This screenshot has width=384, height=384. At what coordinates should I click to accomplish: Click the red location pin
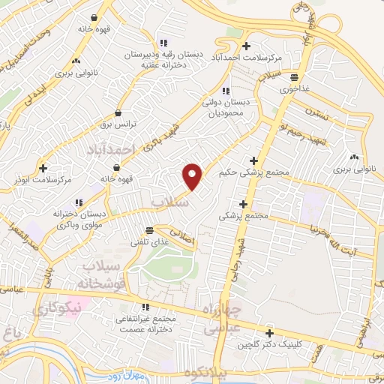coord(193,175)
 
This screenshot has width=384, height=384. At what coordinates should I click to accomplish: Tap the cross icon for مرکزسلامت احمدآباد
coord(246,46)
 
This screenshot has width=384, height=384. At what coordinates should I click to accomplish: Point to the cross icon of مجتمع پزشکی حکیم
coord(254,160)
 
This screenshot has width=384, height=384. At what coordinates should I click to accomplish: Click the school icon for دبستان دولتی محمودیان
coord(225,91)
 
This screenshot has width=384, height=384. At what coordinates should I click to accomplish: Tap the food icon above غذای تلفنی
coord(150,229)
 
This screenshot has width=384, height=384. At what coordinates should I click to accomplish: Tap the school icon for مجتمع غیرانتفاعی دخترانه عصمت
coord(145,307)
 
